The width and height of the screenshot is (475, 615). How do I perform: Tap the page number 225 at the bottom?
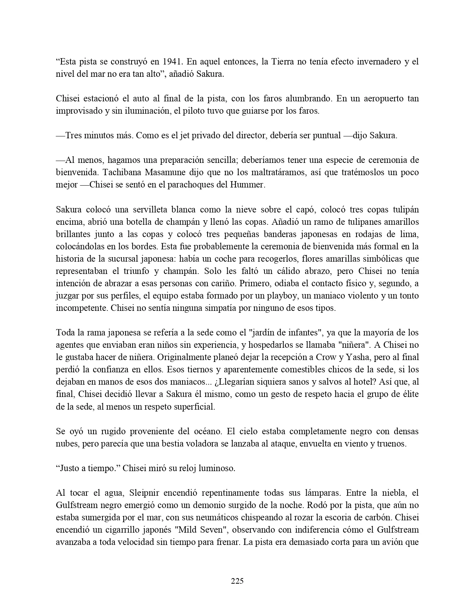coord(237,580)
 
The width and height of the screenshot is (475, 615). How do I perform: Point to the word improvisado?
coord(77,111)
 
